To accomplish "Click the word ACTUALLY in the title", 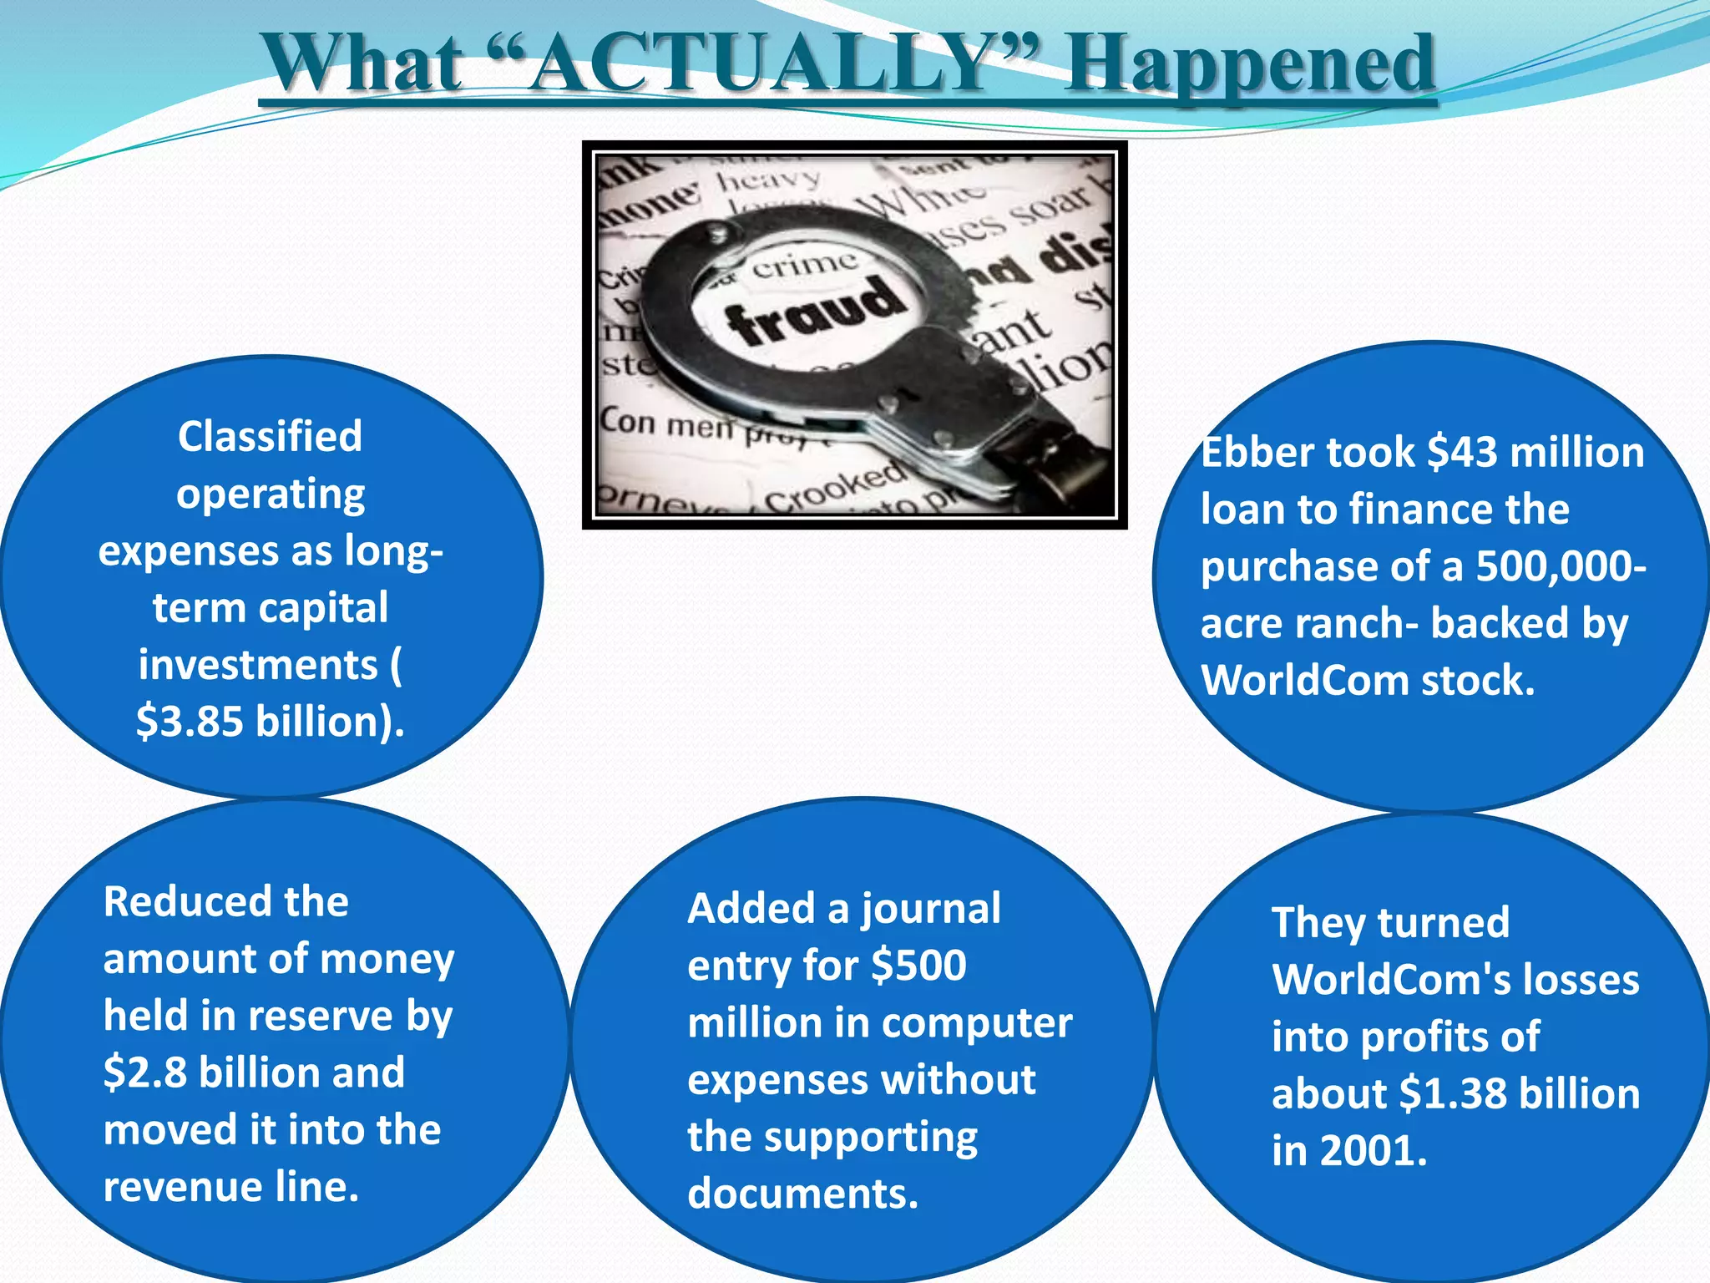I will tap(760, 63).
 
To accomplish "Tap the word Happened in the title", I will tap(1249, 65).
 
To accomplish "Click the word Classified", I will tap(270, 436).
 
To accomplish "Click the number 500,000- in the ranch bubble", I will tap(1561, 566).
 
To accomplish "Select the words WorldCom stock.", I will tap(1368, 680).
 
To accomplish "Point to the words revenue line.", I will tap(231, 1187).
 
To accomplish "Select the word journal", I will tap(930, 909).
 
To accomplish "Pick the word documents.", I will tap(802, 1194).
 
